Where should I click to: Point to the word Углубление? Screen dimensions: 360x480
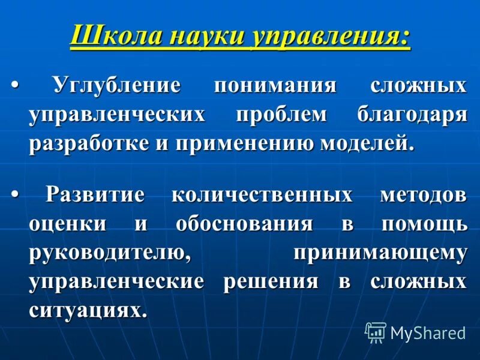pos(117,85)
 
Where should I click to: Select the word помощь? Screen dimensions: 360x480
pos(424,224)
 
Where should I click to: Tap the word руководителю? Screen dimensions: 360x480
pos(110,253)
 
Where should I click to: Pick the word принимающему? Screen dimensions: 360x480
pos(380,253)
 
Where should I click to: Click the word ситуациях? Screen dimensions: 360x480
pos(87,310)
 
